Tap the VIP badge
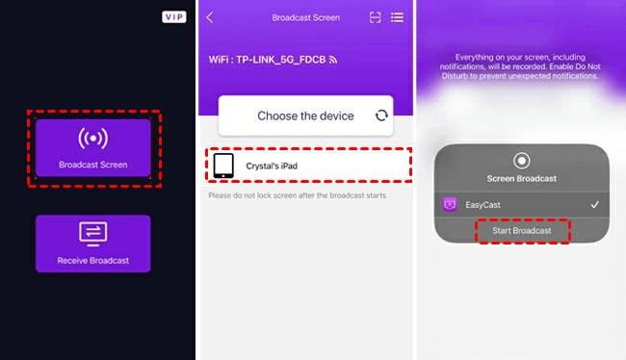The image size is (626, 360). tap(174, 16)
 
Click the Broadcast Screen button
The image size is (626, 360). tap(93, 147)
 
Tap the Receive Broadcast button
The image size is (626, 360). tap(93, 244)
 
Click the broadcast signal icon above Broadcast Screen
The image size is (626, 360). tap(93, 138)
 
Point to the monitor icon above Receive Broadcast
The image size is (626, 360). tap(93, 234)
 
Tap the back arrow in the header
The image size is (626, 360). tap(210, 17)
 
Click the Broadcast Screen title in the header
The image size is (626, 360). tap(306, 17)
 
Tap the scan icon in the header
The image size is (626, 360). tap(376, 17)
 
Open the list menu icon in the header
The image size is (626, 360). tap(397, 17)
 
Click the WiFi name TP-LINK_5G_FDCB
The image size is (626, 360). tap(280, 60)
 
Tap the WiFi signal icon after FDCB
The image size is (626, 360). tap(333, 60)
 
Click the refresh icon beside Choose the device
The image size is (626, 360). tap(381, 116)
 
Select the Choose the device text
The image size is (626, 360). tap(305, 116)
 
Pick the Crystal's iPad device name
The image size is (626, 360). tap(272, 166)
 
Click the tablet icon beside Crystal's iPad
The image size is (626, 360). tap(223, 166)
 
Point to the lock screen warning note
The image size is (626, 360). tap(297, 195)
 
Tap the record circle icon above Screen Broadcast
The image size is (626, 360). tap(521, 161)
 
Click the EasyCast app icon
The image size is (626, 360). tap(450, 205)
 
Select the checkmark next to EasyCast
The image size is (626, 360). tap(595, 205)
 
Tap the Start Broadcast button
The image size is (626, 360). tap(522, 231)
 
